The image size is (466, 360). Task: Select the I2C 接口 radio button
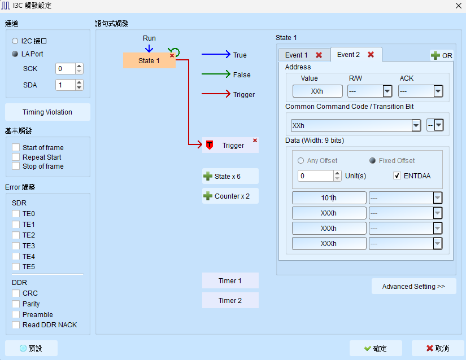15,41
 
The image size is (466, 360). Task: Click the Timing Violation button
47,112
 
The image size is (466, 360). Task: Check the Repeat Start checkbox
16,157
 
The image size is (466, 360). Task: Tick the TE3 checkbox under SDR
16,246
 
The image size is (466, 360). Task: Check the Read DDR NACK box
16,324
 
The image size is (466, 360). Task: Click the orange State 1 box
149,60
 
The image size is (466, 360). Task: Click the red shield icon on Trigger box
210,145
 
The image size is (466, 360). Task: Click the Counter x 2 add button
230,196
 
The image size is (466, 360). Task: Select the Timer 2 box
230,300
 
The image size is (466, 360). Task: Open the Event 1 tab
297,55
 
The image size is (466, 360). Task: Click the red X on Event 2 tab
371,54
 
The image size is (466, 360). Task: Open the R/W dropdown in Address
387,91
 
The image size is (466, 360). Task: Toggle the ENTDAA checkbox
397,175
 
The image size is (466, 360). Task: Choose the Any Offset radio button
300,161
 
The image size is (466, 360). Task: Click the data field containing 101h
329,197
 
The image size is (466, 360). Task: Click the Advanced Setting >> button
413,287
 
